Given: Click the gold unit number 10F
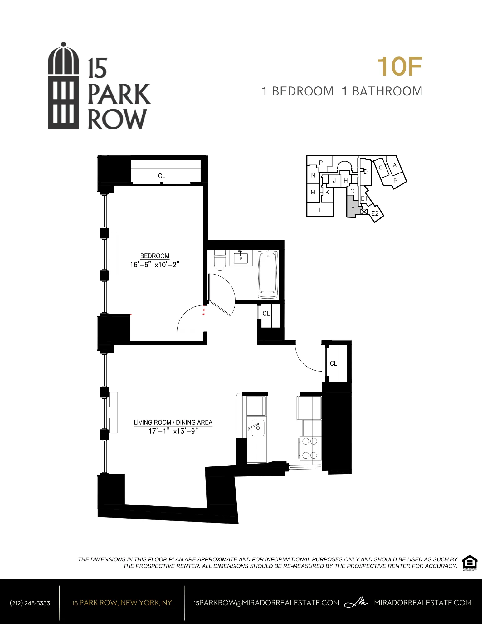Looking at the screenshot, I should [x=400, y=67].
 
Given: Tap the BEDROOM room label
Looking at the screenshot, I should [x=155, y=256].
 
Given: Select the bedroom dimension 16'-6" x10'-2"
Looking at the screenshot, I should [x=155, y=265].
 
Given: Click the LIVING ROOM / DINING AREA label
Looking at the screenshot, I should [x=173, y=422].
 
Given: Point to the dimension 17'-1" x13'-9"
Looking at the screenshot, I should [x=173, y=431].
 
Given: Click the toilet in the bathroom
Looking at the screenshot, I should [x=220, y=260].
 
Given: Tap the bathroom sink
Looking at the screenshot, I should [x=241, y=258].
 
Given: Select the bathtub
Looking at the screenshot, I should [x=268, y=275].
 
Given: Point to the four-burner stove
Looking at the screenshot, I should [x=310, y=448].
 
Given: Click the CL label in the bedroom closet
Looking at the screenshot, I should [x=162, y=176].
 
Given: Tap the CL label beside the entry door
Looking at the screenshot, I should [x=333, y=363].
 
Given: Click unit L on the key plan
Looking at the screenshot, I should [x=320, y=210].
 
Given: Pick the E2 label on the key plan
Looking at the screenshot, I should [x=375, y=214].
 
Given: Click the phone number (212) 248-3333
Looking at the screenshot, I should [x=30, y=603].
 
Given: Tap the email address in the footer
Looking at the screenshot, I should [x=266, y=603].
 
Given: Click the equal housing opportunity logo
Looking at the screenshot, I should [x=470, y=563].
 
